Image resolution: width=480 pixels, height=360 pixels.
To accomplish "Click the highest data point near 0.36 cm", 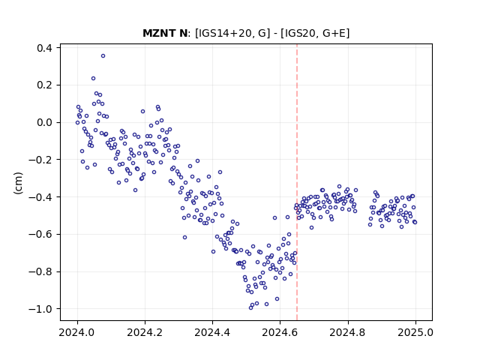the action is coord(103,56).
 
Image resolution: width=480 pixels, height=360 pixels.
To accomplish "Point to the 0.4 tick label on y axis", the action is coord(44,48).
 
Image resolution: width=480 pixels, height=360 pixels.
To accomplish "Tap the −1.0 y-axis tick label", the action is coord(40,309).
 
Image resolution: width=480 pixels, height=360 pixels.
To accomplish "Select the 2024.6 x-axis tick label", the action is coord(280,332).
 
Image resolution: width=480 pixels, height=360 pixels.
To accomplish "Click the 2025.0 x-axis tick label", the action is coord(415,332).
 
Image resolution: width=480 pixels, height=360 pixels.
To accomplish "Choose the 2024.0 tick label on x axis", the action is coord(77,332).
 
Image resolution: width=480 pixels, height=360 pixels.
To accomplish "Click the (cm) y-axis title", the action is coord(18,183).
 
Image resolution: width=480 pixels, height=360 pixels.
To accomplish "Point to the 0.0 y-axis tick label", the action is coord(44,122).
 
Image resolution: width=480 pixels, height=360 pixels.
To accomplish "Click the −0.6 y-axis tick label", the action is coord(40,234).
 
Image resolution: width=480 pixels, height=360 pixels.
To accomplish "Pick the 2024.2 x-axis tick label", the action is coord(145,332).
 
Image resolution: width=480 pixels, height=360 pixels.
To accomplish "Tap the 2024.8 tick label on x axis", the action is coord(347,332).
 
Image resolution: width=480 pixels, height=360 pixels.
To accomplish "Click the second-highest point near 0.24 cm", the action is coord(93,78).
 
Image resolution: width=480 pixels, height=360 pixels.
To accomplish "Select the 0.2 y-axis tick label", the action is coord(44,85).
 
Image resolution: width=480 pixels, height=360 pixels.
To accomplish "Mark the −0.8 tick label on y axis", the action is coord(40,271).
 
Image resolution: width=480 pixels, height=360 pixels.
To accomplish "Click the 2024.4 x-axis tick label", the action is coord(212,332).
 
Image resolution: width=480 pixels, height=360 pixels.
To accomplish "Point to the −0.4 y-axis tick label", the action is coord(40,196).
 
